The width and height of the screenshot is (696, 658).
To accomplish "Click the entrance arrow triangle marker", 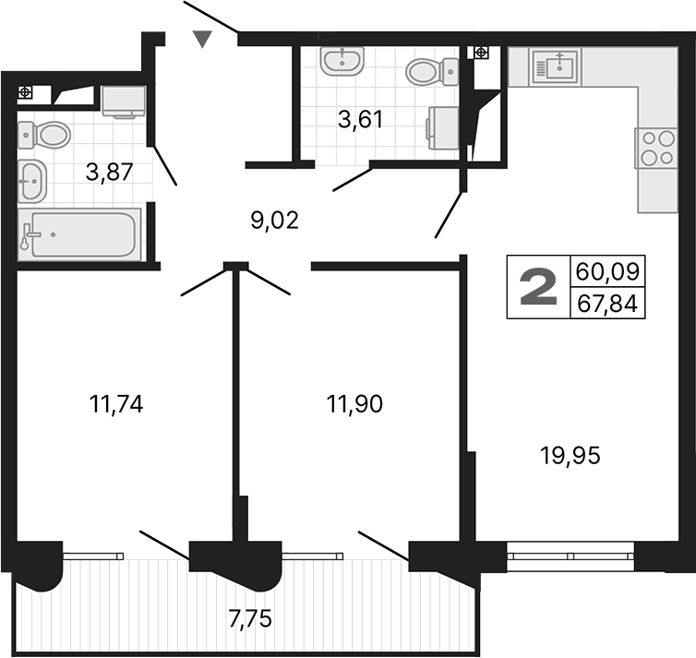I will (x=203, y=39).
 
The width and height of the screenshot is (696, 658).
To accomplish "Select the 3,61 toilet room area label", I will (x=359, y=119).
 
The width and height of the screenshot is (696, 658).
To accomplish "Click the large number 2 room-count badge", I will (x=538, y=288).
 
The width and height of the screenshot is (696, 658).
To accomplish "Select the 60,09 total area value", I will (x=607, y=272).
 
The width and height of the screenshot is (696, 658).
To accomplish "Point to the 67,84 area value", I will (x=607, y=303).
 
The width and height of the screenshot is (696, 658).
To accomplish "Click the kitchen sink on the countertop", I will (x=557, y=66).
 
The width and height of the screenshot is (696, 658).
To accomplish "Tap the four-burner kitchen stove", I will (x=656, y=148).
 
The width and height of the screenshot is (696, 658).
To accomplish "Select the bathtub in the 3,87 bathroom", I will (x=79, y=233).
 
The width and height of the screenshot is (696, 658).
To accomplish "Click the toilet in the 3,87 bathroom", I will (x=47, y=135).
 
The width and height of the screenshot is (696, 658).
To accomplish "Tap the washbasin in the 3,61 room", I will (x=343, y=62).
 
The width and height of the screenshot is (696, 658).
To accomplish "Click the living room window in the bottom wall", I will (x=570, y=556).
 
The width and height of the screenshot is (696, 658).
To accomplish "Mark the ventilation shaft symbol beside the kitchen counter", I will (x=480, y=53).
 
